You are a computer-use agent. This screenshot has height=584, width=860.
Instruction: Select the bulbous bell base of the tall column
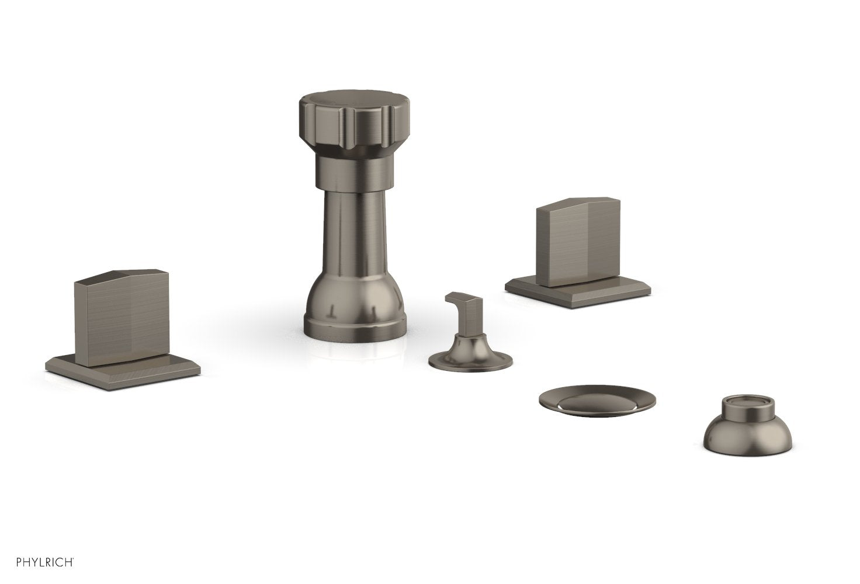tap(350, 298)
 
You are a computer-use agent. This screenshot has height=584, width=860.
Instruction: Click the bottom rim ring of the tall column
tap(350, 325)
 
